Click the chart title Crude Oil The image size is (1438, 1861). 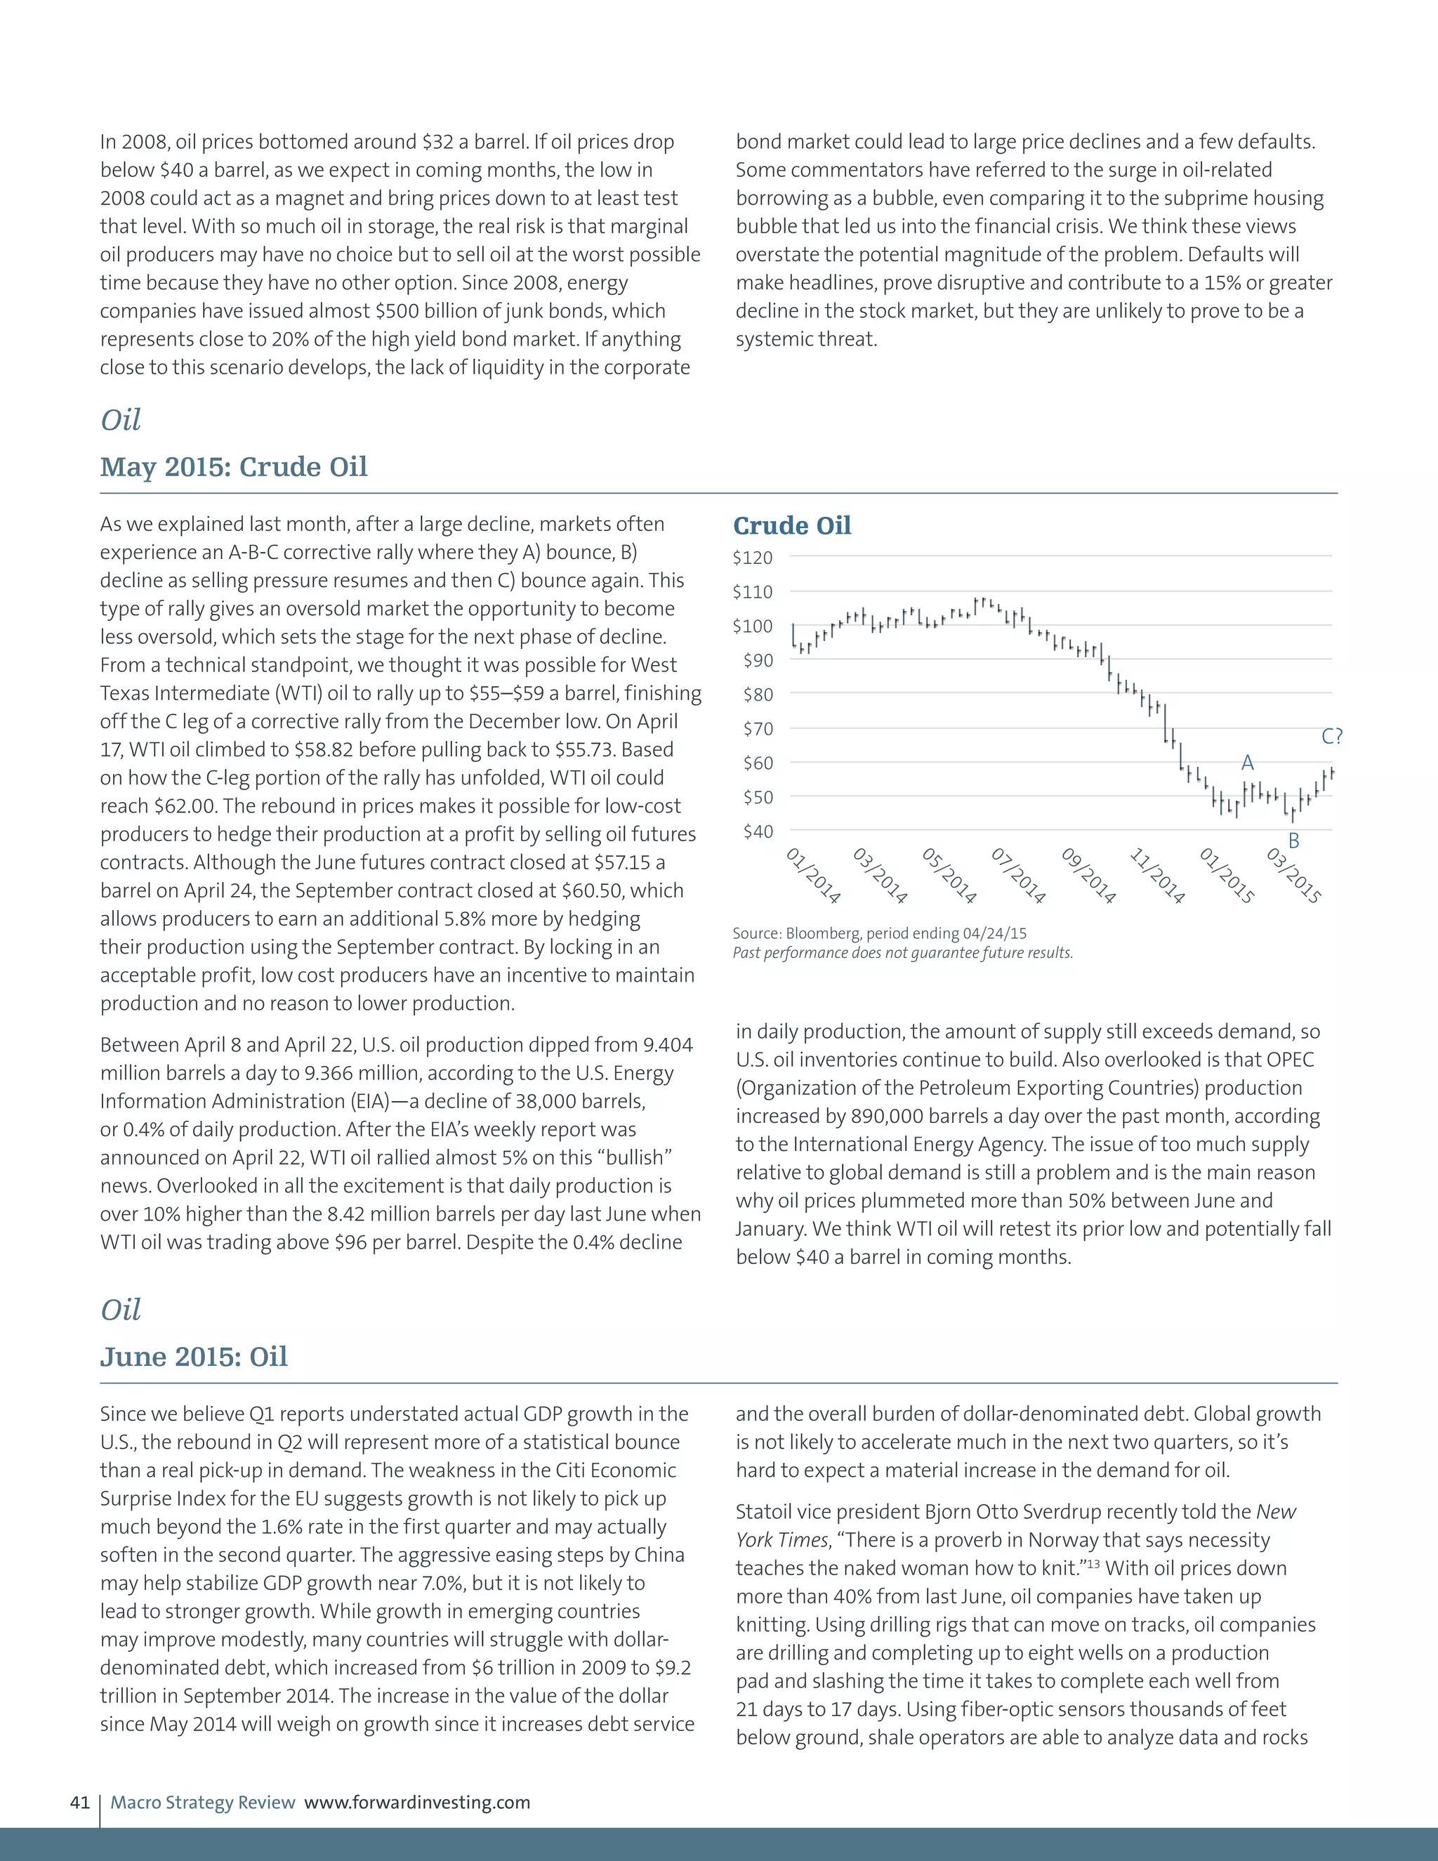point(791,526)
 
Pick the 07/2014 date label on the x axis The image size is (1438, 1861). point(1018,875)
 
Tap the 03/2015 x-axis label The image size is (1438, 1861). point(1293,875)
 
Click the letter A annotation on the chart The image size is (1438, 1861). point(1247,763)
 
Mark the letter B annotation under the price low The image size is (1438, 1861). point(1293,841)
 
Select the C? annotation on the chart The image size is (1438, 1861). point(1331,736)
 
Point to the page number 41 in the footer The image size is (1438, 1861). point(79,1802)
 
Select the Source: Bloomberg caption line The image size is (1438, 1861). point(879,933)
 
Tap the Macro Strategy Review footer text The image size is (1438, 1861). point(203,1802)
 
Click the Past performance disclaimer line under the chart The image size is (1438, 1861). point(902,953)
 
